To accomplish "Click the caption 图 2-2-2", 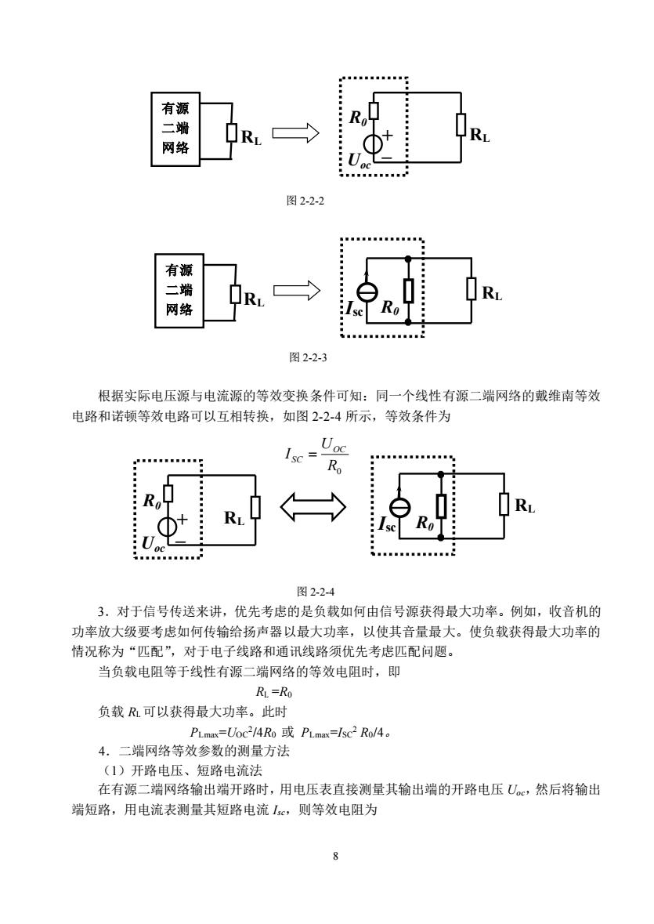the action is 305,201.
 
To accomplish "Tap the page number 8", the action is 335,857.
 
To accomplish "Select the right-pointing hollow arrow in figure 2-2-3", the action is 297,290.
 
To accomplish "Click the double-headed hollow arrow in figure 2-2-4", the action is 313,507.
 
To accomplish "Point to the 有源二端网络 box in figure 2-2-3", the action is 179,291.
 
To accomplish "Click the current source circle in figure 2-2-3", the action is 366,291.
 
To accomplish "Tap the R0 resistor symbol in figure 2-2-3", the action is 408,291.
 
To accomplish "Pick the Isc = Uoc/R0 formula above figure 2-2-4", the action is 316,455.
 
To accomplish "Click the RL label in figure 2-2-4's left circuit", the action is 233,518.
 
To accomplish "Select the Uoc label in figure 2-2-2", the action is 360,161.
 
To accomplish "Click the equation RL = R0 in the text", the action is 274,692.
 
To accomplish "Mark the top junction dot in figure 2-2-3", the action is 408,258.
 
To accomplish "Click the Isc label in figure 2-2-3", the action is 355,309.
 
